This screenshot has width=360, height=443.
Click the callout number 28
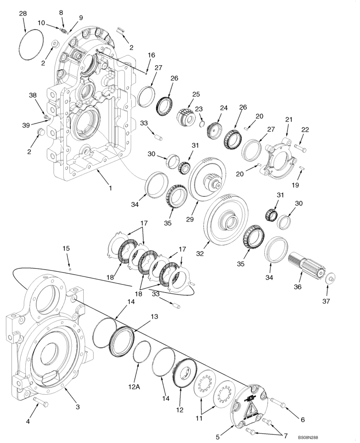[23, 14]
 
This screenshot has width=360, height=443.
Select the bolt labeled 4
[40, 402]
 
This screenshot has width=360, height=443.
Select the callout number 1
[110, 188]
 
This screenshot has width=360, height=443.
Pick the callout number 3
[77, 407]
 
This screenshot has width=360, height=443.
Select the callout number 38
[33, 95]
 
